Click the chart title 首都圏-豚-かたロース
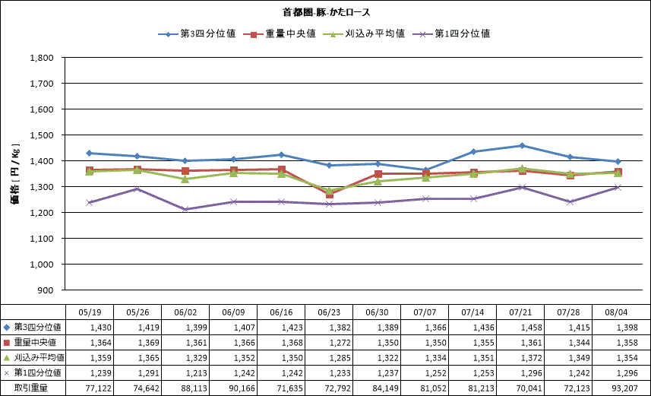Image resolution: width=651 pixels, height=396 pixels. pos(326,12)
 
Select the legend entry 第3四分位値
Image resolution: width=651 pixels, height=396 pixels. pos(197,33)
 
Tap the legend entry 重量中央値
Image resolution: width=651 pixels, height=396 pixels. pos(280,33)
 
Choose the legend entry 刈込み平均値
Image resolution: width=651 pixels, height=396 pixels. pos(364,33)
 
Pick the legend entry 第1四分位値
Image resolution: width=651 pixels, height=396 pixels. pos(451,33)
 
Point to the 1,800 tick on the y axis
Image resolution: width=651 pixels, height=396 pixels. pos(42,58)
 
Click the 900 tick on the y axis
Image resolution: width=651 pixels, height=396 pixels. pos(46,290)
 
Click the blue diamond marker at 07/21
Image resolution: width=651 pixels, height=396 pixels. pos(522,145)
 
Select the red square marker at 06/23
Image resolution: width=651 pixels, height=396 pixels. pos(329,194)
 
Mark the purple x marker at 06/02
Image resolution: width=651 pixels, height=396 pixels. pos(185,209)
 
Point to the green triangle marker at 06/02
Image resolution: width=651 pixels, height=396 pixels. pos(185,179)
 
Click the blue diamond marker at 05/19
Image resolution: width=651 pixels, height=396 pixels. pos(90,153)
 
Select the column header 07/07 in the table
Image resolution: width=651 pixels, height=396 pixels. pos(425,312)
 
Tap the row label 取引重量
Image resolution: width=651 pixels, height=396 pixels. pos(31,388)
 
